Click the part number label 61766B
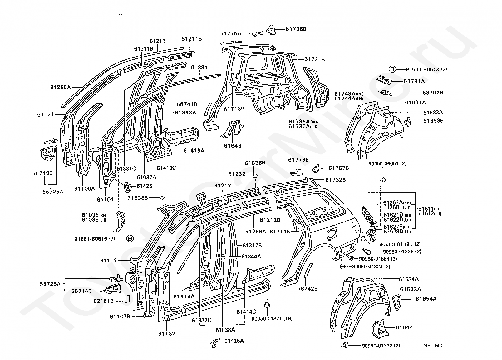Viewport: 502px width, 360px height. tap(296, 29)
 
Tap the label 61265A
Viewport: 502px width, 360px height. tap(60, 87)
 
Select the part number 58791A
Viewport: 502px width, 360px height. tap(414, 81)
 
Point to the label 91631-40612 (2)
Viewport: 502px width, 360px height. tap(426, 69)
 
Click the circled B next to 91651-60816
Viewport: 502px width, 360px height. tap(130, 238)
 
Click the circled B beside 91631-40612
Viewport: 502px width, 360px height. tap(392, 69)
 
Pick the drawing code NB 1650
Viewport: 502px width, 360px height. tap(433, 345)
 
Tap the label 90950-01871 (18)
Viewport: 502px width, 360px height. tap(272, 318)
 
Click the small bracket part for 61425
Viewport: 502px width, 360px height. tap(128, 187)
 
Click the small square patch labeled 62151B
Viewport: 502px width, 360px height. tap(127, 299)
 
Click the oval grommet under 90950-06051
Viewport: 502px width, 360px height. tap(383, 179)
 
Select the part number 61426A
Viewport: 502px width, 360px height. tap(234, 341)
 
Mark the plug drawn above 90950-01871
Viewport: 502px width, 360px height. tap(267, 305)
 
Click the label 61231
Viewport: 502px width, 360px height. tap(199, 67)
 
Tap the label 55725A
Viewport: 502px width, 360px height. tap(53, 192)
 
